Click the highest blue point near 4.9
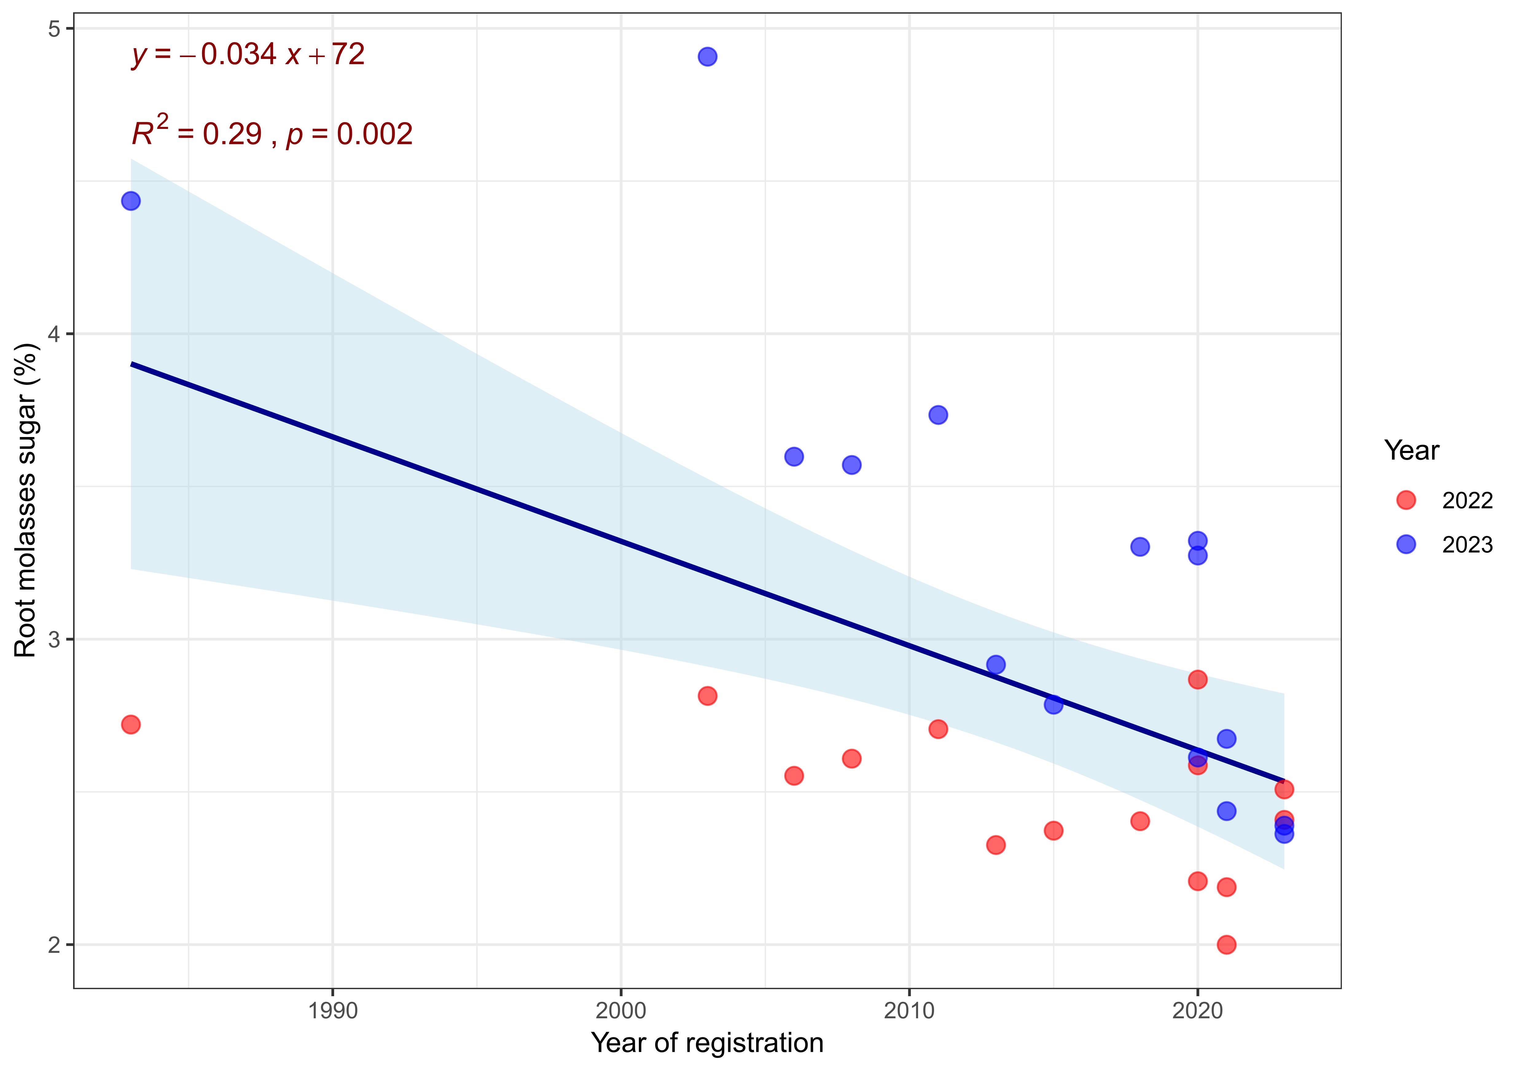tap(708, 56)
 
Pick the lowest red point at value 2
tap(1227, 945)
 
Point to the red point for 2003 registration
tap(708, 696)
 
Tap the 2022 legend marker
tap(1406, 500)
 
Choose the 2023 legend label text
tap(1467, 545)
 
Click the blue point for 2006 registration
tap(794, 456)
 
